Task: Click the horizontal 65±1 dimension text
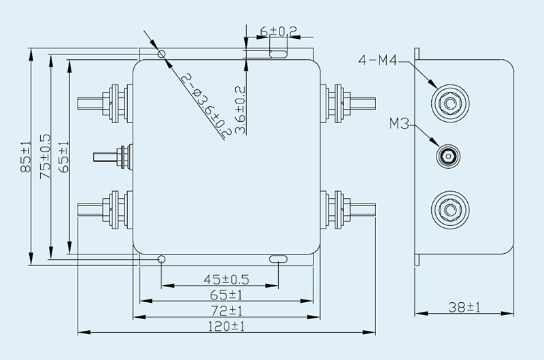pyautogui.click(x=226, y=295)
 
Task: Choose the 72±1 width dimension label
pyautogui.click(x=226, y=310)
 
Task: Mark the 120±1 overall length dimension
pyautogui.click(x=226, y=327)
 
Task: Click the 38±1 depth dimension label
pyautogui.click(x=464, y=308)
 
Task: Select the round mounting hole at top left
pyautogui.click(x=161, y=54)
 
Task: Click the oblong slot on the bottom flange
pyautogui.click(x=278, y=259)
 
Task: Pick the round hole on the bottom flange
pyautogui.click(x=161, y=259)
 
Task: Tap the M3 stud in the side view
pyautogui.click(x=447, y=157)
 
